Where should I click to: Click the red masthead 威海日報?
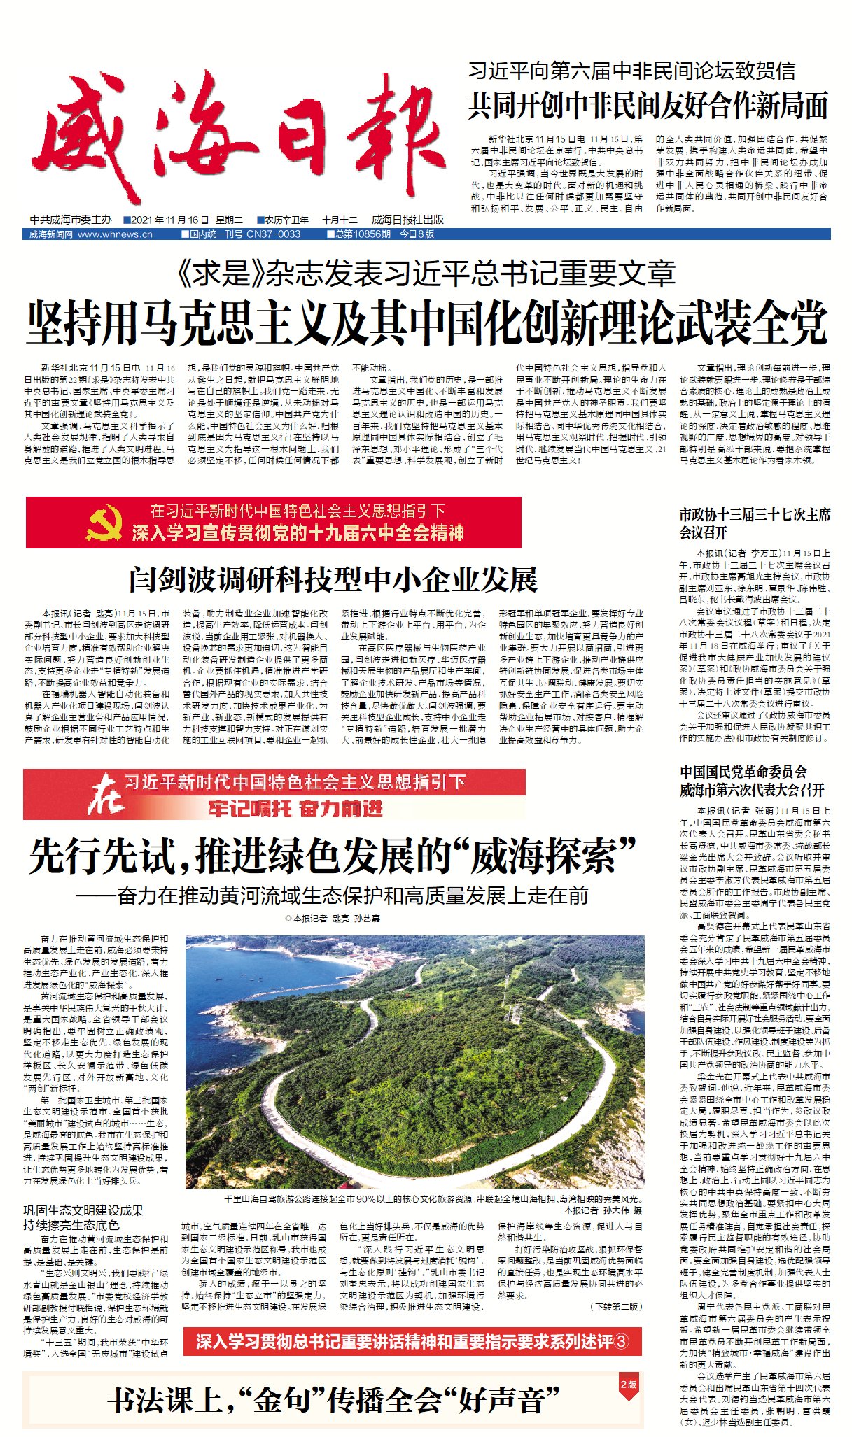pos(238,133)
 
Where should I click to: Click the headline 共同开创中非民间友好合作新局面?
pos(648,106)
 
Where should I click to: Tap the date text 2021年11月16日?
pos(166,220)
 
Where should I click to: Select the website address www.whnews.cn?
pos(115,234)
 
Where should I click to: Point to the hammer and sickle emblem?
pos(104,523)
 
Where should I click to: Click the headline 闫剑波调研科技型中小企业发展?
pos(333,580)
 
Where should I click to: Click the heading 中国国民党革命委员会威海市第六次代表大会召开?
pos(752,781)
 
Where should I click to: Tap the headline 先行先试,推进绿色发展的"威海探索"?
pos(333,855)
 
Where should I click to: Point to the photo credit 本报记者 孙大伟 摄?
pos(603,1210)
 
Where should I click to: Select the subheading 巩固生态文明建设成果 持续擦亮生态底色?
pos(83,1217)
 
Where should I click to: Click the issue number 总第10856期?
pos(363,234)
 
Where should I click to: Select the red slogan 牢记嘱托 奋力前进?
pos(295,809)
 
